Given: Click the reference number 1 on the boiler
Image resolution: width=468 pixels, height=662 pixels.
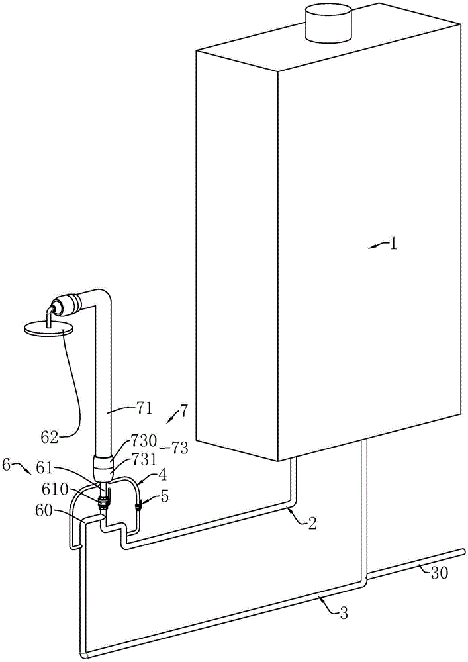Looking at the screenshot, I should click(x=392, y=244).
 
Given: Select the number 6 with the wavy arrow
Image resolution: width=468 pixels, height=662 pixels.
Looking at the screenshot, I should click(x=7, y=465).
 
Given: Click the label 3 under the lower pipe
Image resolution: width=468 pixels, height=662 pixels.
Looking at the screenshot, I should click(x=343, y=612).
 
